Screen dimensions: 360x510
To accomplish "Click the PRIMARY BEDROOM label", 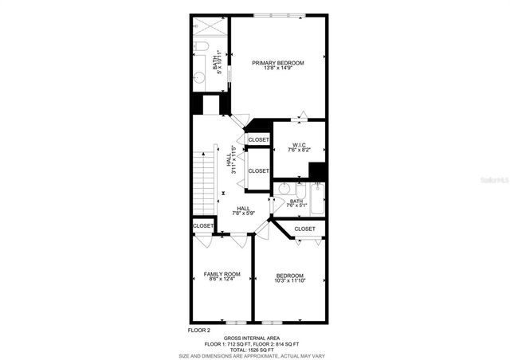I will (x=278, y=62).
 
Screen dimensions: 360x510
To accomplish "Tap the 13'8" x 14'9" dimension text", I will (x=278, y=68).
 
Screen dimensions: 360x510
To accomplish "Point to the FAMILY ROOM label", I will (x=222, y=274).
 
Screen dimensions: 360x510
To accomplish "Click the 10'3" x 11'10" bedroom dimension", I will (x=289, y=281).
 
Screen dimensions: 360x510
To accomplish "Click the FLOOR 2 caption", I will (x=198, y=329).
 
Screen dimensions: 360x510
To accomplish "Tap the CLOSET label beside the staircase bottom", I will (x=203, y=226).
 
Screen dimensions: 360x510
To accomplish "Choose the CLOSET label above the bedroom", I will (x=304, y=229).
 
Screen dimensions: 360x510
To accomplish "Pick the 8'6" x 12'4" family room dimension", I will (x=222, y=280).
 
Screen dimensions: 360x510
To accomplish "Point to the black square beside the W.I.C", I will (x=317, y=171).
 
